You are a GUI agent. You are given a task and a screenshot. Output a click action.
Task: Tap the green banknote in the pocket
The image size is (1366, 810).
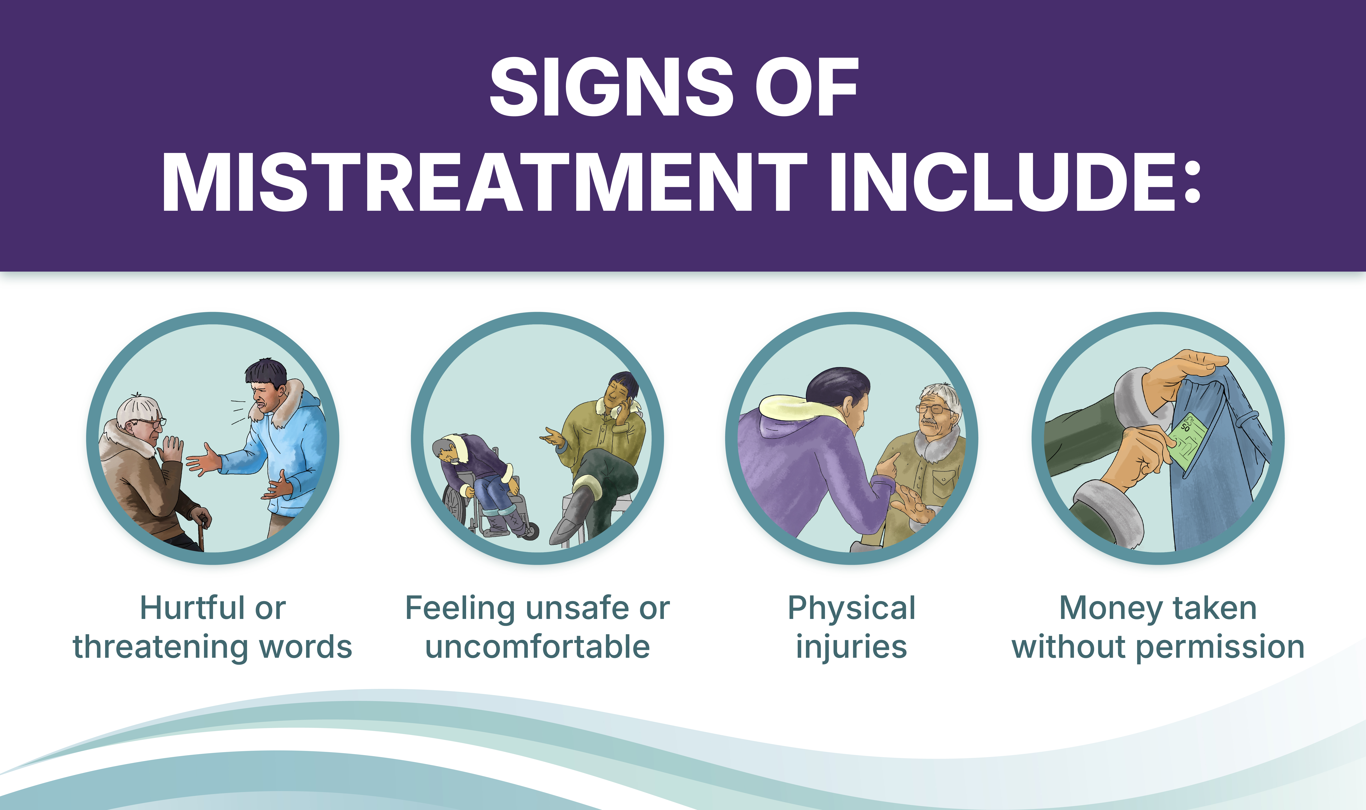pyautogui.click(x=1186, y=441)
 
